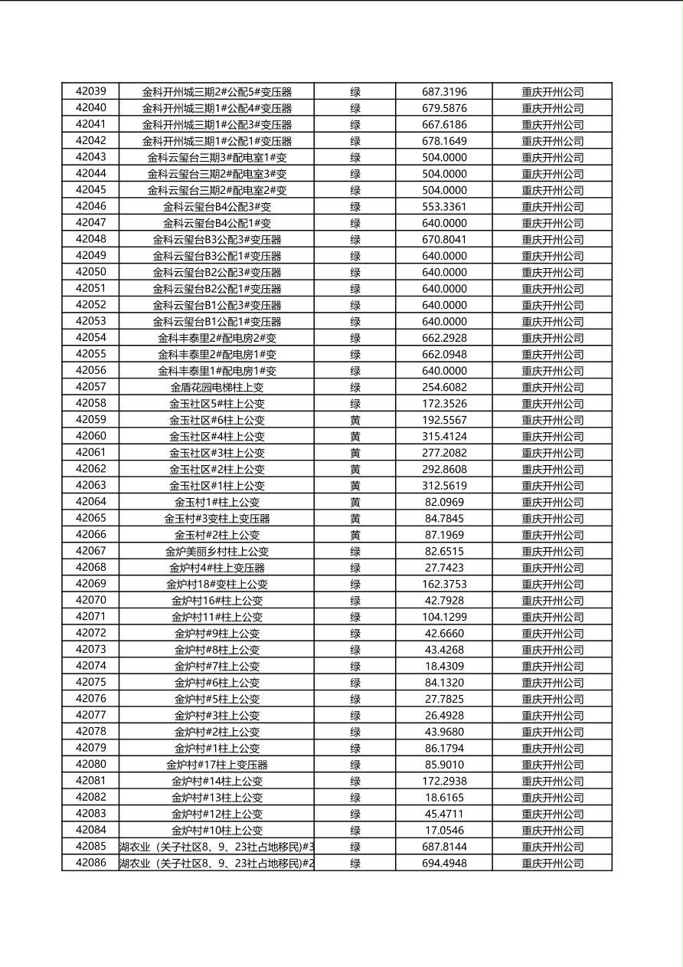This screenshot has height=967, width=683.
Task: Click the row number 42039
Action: click(x=91, y=91)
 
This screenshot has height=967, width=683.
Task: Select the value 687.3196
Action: click(x=444, y=92)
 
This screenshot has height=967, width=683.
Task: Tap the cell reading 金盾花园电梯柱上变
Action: click(x=217, y=388)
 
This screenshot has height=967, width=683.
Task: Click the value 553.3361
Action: click(x=444, y=207)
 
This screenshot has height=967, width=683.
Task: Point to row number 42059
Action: click(x=91, y=420)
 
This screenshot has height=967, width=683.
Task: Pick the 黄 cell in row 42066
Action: click(x=355, y=535)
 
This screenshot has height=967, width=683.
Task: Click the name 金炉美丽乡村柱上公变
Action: click(x=217, y=552)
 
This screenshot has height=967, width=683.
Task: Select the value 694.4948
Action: click(x=444, y=864)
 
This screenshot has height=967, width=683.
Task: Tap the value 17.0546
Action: click(x=444, y=831)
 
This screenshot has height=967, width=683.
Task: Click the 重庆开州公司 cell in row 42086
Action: click(x=552, y=864)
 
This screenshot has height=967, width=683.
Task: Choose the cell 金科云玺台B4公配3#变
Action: click(x=217, y=207)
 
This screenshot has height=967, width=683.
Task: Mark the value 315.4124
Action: click(x=444, y=437)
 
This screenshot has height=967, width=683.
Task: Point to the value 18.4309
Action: click(x=444, y=667)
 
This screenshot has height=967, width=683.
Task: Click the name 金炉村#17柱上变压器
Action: click(x=217, y=765)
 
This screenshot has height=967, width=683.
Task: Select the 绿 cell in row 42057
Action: click(x=355, y=388)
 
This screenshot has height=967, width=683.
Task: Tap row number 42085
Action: click(x=91, y=847)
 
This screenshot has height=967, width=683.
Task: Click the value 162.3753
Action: click(x=444, y=585)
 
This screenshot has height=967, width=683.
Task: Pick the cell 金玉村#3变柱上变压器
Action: click(x=217, y=519)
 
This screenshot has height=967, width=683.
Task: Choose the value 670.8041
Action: click(x=444, y=240)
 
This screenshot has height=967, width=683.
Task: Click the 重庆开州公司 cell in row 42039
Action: click(x=552, y=92)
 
